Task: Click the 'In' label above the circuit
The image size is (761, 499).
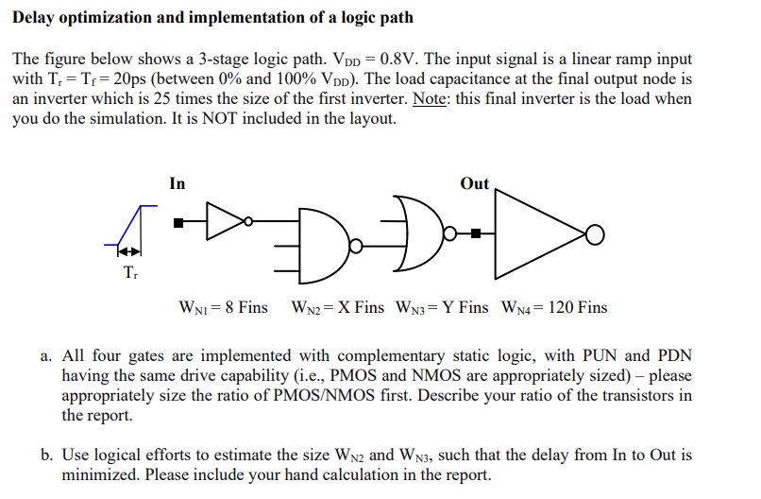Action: pos(178,183)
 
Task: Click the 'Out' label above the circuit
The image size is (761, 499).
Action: pos(474,183)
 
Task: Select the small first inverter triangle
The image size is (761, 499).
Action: pos(223,222)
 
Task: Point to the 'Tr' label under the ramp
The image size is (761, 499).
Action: pos(128,273)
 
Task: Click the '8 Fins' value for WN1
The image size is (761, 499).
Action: pos(245,307)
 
